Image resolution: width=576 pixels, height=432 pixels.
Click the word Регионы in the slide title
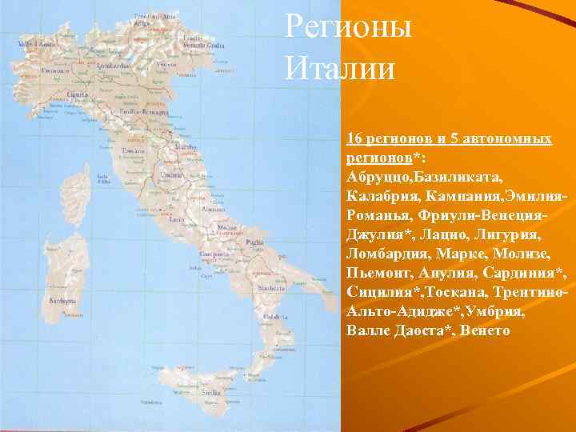click(348, 28)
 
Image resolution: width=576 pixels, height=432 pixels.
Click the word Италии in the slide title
click(340, 67)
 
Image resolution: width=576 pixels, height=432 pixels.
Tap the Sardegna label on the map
click(64, 302)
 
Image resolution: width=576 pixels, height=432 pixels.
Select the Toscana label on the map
click(133, 150)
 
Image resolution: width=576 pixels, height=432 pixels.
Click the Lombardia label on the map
click(112, 64)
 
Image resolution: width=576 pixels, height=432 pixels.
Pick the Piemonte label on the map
click(54, 70)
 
